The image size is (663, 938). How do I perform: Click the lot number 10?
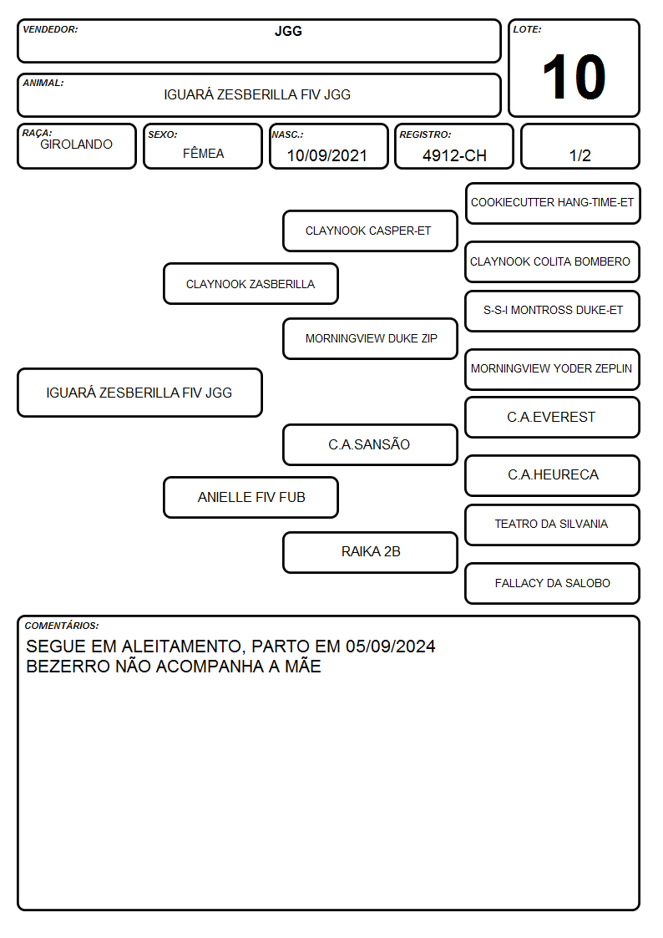pyautogui.click(x=574, y=77)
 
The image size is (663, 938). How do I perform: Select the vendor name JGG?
pyautogui.click(x=288, y=31)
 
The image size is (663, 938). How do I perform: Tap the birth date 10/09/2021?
pyautogui.click(x=327, y=155)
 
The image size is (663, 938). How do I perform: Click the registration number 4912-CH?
pyautogui.click(x=454, y=155)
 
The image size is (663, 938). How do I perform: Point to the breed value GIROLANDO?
pyautogui.click(x=76, y=145)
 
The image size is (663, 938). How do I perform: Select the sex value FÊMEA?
pyautogui.click(x=203, y=153)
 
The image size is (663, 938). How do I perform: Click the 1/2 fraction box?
pyautogui.click(x=579, y=146)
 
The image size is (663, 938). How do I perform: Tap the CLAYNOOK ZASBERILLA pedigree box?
pyautogui.click(x=251, y=283)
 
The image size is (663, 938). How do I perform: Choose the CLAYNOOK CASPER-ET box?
pyautogui.click(x=370, y=231)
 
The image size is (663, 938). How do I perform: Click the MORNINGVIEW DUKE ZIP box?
pyautogui.click(x=370, y=338)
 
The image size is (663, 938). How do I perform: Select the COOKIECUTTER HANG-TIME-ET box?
pyautogui.click(x=553, y=204)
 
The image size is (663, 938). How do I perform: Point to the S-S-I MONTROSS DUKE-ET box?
pyautogui.click(x=553, y=311)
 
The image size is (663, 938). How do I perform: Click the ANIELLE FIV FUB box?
pyautogui.click(x=251, y=497)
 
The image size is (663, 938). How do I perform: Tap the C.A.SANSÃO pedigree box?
pyautogui.click(x=370, y=444)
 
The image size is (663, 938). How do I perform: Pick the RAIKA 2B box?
pyautogui.click(x=370, y=552)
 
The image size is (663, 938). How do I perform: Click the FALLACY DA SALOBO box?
pyautogui.click(x=553, y=583)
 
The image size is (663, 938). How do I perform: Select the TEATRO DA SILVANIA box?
pyautogui.click(x=553, y=525)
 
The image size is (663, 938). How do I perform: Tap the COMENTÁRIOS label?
pyautogui.click(x=62, y=626)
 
